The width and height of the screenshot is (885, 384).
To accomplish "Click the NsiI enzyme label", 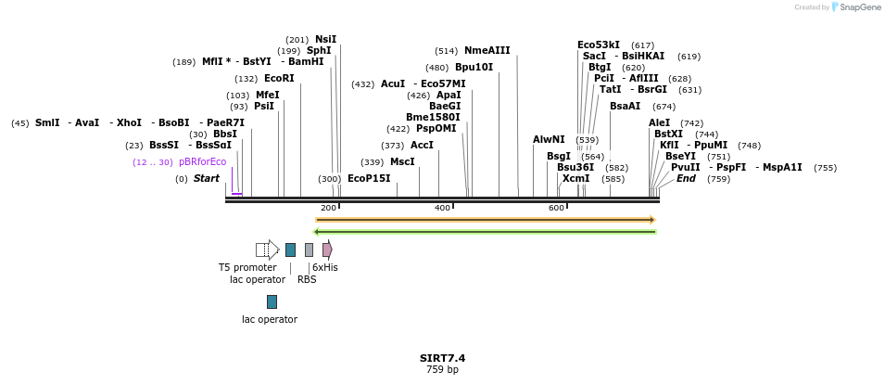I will [326, 39].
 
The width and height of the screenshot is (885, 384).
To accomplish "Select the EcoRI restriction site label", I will [279, 79].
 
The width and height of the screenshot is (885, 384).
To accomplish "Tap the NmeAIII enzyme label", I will [487, 51].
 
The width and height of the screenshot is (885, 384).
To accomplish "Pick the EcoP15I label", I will [369, 179].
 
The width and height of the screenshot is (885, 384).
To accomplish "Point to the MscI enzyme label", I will [402, 162].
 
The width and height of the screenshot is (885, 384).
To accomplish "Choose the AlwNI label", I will [549, 140].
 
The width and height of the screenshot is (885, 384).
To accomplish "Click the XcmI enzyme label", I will [575, 179].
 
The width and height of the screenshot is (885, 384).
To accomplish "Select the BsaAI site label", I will [625, 107].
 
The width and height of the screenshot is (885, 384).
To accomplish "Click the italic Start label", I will [207, 179].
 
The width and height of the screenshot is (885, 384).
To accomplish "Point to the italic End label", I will [686, 179].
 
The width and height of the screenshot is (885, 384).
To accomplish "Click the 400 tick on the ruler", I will [442, 208].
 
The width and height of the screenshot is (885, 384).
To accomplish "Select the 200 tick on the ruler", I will [328, 208].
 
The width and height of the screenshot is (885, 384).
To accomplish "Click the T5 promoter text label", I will [247, 267].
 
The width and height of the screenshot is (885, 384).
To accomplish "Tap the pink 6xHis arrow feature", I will [327, 250].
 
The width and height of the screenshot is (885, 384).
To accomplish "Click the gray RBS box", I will [309, 250].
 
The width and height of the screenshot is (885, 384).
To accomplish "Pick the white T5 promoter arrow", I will [267, 250].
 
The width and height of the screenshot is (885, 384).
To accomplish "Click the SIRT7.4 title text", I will [442, 358].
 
